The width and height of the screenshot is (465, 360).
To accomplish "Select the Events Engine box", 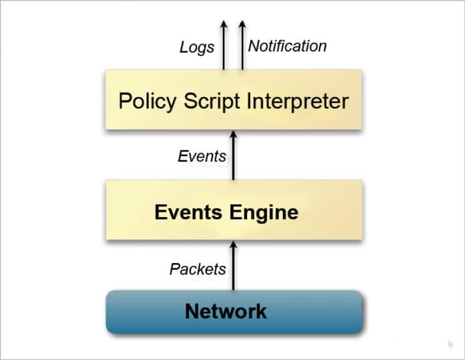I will (233, 212).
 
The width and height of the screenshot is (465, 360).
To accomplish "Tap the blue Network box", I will (234, 311).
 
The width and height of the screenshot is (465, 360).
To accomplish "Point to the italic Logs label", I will (197, 47).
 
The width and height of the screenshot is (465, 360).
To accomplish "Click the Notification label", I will (287, 46).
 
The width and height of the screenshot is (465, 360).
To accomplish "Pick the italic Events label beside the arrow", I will (202, 156).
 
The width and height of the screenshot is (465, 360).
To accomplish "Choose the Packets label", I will (197, 269).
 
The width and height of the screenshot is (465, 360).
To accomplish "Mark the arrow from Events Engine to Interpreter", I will (233, 157).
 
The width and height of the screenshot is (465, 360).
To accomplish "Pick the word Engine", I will (264, 212).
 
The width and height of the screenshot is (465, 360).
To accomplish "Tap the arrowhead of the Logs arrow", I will (224, 25).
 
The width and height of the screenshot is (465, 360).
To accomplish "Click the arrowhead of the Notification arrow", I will (242, 25).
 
